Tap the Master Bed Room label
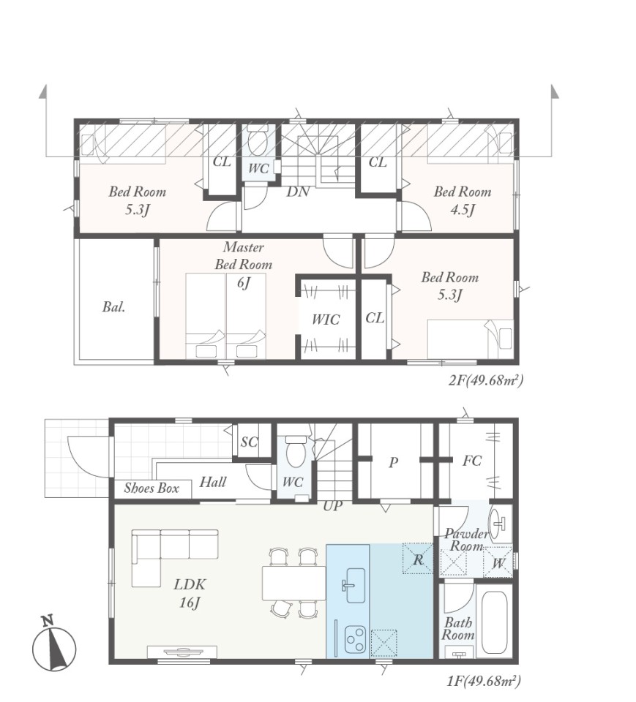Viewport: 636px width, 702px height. (244, 256)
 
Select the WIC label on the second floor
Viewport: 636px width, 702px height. (326, 320)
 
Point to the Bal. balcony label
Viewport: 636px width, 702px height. (114, 306)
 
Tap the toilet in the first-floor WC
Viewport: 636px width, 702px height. (296, 451)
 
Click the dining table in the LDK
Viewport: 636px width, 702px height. (294, 583)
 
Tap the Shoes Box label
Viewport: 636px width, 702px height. (151, 488)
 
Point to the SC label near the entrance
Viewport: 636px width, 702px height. (249, 442)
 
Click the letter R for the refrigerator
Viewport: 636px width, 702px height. (418, 559)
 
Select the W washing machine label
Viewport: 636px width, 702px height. (498, 563)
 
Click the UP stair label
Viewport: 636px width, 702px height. (332, 505)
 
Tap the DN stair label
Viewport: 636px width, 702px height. (298, 192)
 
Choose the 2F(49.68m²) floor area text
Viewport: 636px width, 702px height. (486, 380)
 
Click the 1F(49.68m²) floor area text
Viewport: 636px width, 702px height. (484, 681)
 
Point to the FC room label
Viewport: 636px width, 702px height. (472, 460)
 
